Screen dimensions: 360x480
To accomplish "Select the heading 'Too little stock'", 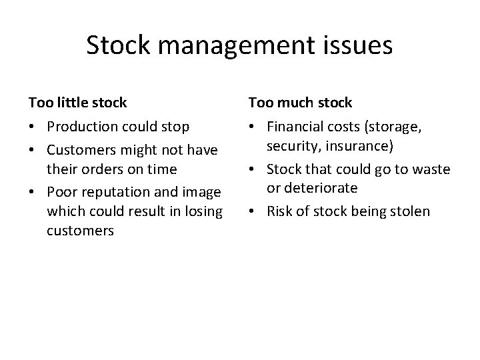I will [77, 103].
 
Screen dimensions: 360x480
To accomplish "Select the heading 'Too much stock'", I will [300, 103].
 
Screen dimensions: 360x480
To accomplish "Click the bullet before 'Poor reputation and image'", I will [32, 191].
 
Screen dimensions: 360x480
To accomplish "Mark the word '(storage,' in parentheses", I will [400, 127].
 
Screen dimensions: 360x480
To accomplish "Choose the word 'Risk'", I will [279, 212].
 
